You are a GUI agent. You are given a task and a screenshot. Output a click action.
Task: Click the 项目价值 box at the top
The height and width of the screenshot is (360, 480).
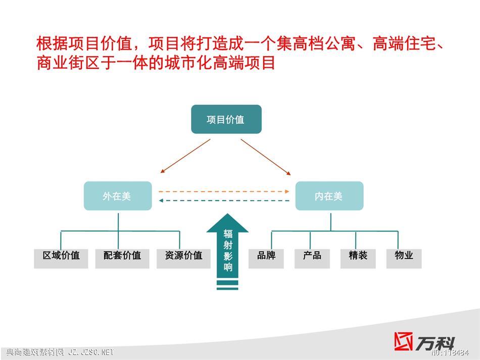click(226, 119)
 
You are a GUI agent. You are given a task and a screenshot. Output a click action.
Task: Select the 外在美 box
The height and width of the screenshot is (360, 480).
click(118, 196)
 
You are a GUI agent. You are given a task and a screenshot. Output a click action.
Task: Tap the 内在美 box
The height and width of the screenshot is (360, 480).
click(329, 196)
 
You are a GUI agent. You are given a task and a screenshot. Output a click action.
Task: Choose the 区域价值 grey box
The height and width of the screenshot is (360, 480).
click(61, 259)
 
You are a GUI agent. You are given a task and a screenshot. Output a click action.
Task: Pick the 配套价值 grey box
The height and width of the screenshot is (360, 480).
click(122, 259)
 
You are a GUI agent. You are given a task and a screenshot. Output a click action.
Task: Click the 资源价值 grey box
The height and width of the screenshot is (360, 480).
click(183, 259)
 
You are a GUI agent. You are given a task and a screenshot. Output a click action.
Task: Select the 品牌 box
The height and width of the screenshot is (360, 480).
click(266, 259)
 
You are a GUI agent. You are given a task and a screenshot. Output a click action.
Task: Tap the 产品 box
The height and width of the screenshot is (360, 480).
click(312, 259)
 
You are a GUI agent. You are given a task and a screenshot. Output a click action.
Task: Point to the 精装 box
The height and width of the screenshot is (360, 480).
click(358, 259)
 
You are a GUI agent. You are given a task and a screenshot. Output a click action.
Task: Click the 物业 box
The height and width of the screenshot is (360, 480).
click(404, 259)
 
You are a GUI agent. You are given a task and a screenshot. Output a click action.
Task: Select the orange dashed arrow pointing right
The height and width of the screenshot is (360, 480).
click(224, 192)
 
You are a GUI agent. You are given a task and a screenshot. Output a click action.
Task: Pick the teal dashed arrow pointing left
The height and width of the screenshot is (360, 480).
click(224, 201)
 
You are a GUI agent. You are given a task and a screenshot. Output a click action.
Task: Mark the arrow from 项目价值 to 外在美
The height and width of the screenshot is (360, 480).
click(185, 156)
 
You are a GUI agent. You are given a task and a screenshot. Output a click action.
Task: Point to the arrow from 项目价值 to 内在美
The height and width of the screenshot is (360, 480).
click(266, 157)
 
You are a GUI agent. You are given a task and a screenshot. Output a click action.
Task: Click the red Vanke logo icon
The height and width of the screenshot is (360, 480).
click(403, 341)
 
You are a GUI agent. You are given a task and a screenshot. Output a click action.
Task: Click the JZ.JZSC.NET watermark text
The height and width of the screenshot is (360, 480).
click(91, 352)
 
